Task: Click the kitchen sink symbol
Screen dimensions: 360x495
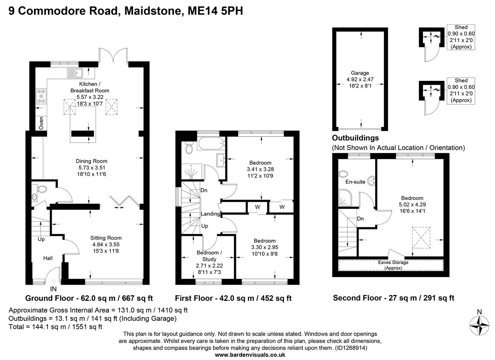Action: point(74,73)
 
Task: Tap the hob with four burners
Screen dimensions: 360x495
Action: point(41,96)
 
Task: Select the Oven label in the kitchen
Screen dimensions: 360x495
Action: point(41,123)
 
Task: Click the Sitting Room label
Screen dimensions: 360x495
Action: point(106,238)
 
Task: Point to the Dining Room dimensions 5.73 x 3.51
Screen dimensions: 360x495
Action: point(92,168)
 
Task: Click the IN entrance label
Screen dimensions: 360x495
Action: point(53,289)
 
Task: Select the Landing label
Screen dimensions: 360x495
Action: point(210,214)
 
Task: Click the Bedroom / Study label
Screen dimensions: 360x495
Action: point(209,256)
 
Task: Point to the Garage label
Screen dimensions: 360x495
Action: point(360,73)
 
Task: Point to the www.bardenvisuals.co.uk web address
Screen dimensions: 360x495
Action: point(250,355)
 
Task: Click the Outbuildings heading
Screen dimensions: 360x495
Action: point(355,138)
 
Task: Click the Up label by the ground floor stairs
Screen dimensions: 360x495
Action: point(41,239)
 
